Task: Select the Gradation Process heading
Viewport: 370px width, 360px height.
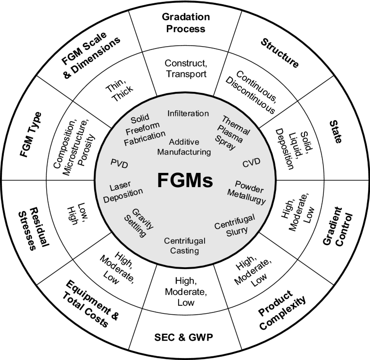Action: [x=184, y=23]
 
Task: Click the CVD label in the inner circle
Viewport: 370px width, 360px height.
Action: [x=251, y=164]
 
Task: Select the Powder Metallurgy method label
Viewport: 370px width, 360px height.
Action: [x=249, y=191]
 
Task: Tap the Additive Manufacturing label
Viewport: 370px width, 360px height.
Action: [x=185, y=147]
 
